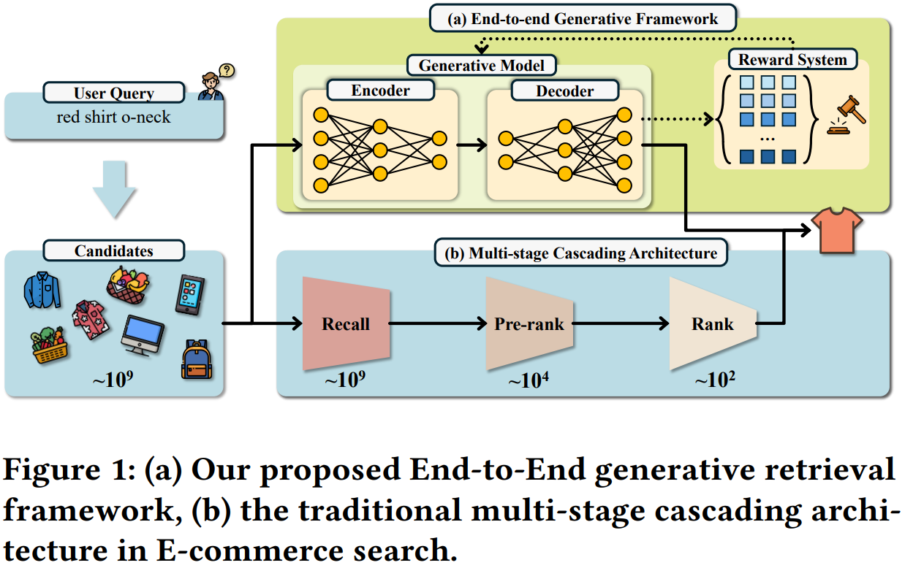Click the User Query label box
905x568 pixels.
114,93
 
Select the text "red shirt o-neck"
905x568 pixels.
113,117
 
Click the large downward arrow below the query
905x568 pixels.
114,188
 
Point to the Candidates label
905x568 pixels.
114,251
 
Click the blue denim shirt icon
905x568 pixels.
41,290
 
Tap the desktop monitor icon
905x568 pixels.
143,335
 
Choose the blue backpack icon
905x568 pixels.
196,359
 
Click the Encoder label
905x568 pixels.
380,91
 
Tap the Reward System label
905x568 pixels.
792,59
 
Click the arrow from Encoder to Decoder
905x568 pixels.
471,145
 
